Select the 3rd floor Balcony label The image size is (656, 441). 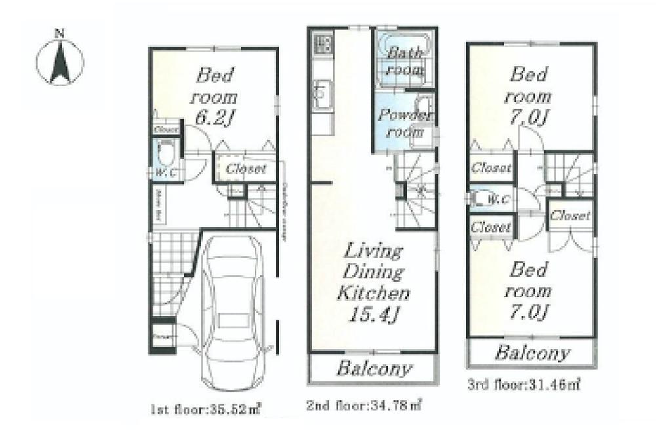pos(531,354)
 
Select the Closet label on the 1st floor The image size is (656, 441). pos(245,169)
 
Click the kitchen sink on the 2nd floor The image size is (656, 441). pos(321,95)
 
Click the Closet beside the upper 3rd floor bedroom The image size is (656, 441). pos(491,168)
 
